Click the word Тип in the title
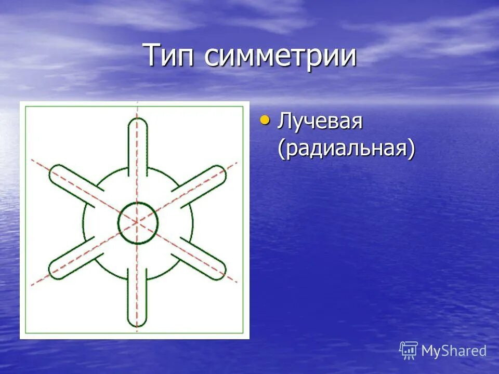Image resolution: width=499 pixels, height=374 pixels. (170, 56)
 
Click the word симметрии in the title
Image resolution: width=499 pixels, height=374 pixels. (280, 56)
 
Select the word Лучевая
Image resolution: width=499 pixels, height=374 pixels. (319, 123)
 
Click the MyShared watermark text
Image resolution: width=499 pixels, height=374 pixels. (454, 351)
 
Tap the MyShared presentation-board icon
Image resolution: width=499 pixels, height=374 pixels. (409, 351)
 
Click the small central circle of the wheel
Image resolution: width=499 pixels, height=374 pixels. (137, 222)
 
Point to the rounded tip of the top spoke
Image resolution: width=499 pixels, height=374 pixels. (137, 123)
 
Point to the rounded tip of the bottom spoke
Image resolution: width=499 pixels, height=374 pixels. (137, 322)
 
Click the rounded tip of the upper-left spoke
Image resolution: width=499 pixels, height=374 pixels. (54, 173)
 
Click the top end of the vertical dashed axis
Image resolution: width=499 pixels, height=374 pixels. (137, 103)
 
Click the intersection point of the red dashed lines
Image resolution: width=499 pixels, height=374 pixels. (137, 222)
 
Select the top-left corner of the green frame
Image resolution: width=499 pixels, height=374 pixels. (25, 106)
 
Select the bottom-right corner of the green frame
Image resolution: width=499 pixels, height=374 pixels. (244, 332)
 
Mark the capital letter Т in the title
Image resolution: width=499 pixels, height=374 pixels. (152, 56)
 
